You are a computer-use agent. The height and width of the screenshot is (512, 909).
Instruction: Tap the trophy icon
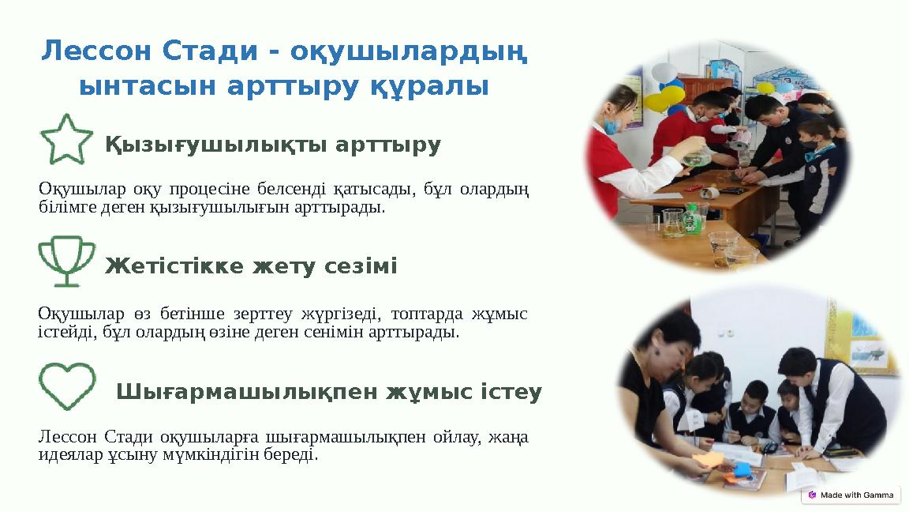[x=66, y=260]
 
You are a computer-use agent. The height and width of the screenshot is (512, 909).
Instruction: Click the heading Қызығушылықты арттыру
[x=273, y=145]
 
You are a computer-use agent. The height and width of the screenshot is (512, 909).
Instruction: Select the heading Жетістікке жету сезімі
[x=251, y=267]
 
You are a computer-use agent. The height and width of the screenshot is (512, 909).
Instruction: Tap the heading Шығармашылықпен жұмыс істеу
[x=329, y=392]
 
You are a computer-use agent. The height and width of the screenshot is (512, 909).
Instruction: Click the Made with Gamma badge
[x=851, y=495]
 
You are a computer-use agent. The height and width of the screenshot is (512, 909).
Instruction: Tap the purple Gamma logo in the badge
[x=812, y=495]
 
